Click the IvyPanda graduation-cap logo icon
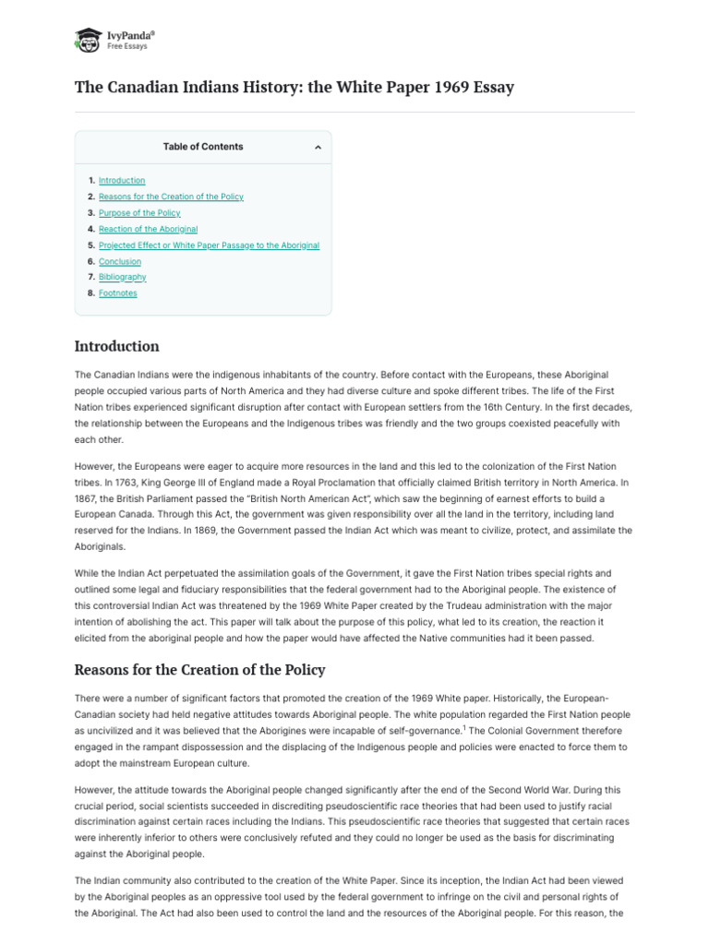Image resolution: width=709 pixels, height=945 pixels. tap(89, 39)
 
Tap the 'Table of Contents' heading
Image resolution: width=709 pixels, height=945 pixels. tap(203, 147)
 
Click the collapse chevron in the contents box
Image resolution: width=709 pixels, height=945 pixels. tap(318, 148)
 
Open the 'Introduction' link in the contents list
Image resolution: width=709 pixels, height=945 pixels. tap(122, 181)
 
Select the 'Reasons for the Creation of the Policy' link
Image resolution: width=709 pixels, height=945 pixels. tap(171, 197)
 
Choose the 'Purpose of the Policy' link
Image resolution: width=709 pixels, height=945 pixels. tap(139, 213)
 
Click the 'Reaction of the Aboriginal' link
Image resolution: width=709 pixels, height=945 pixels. tap(148, 229)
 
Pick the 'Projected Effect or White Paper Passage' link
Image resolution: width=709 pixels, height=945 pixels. tap(209, 245)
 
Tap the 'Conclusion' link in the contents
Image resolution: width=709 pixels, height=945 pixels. tap(120, 261)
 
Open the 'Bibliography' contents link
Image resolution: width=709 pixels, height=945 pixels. tap(122, 277)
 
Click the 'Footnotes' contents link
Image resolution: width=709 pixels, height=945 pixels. tap(117, 293)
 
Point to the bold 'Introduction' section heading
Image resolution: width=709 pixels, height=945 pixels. tap(116, 347)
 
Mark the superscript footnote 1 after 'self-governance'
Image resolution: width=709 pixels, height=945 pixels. tap(463, 725)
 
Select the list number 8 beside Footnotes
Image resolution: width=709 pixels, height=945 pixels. tap(90, 293)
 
